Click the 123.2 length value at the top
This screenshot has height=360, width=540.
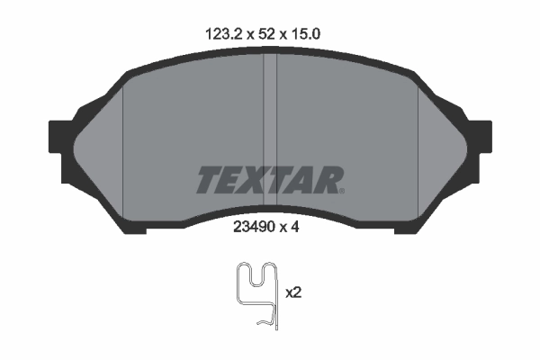coord(220,33)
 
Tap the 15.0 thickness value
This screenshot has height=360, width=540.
coord(308,33)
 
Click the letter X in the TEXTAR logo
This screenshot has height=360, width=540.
coord(259,180)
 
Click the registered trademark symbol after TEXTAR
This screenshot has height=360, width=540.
coord(340,189)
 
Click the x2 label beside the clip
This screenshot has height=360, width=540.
coord(292,292)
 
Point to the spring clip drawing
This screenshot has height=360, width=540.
coord(256,292)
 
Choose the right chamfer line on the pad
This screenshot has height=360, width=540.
coord(420,144)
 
